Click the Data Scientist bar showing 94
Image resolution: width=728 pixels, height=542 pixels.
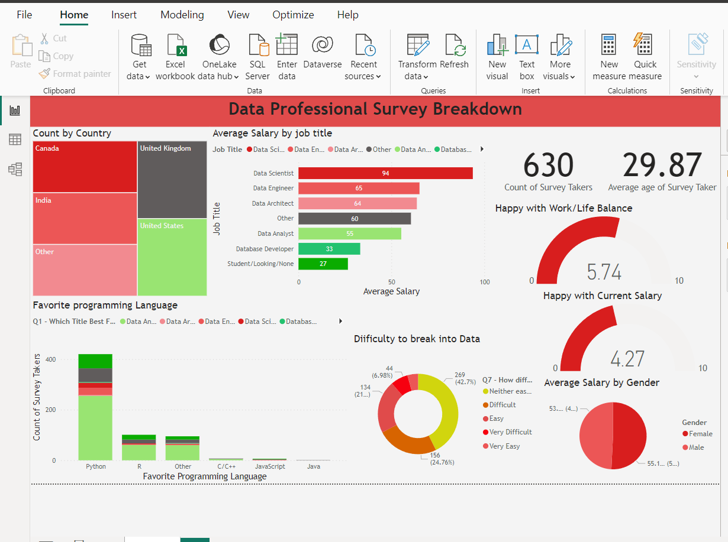coord(385,173)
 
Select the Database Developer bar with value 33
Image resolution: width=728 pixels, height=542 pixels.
coord(329,249)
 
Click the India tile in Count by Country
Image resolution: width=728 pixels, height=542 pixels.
coord(85,219)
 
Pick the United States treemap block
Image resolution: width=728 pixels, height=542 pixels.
coord(172,258)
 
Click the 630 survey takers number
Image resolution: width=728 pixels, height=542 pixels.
coord(548,165)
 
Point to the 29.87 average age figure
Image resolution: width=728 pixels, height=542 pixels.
coord(662,165)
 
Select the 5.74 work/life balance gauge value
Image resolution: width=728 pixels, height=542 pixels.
coord(604,272)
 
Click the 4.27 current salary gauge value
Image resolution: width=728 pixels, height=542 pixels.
coord(627,359)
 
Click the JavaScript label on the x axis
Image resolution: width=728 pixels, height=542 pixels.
coord(269,466)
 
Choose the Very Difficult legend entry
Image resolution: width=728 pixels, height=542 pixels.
coord(510,432)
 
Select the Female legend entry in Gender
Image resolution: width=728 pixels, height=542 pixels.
coord(700,434)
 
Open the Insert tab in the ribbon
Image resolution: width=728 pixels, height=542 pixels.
coord(124,15)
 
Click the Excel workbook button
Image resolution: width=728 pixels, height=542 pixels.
coord(175,57)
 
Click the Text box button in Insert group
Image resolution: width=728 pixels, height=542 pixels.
coord(527,57)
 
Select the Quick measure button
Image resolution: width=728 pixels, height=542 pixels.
coord(645,57)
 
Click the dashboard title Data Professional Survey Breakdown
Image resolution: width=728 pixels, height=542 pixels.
coord(375,109)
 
